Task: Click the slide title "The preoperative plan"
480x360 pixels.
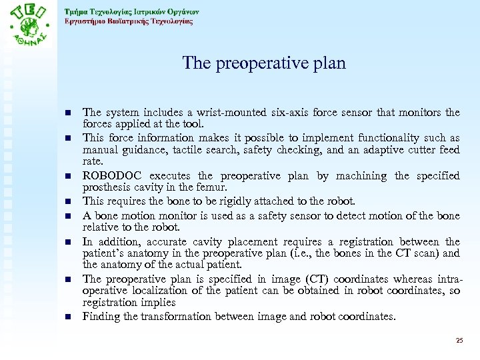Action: [264, 63]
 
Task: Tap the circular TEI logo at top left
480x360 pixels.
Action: [31, 30]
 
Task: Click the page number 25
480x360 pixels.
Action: [459, 341]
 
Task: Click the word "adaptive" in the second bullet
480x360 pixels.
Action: [377, 150]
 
